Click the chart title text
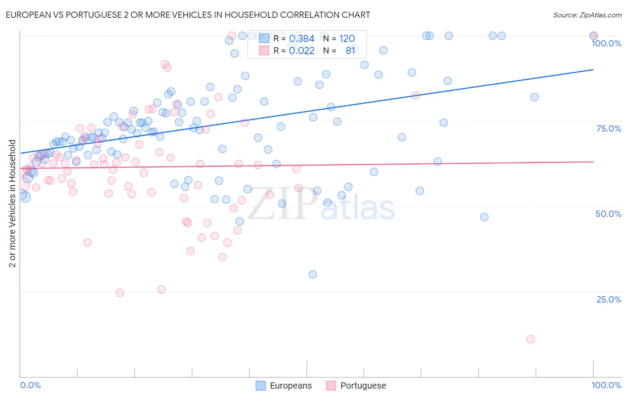point(188,15)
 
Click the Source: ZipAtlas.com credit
point(587,15)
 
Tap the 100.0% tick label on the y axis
point(606,43)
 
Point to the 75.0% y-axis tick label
point(609,129)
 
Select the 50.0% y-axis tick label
point(608,214)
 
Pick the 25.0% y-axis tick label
point(609,299)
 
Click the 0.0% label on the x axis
point(30,385)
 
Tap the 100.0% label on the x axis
point(606,385)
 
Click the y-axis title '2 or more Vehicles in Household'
point(12,203)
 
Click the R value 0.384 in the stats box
point(301,39)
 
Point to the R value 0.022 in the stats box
point(301,51)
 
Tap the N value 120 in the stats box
point(347,39)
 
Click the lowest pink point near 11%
point(530,339)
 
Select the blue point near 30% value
point(313,274)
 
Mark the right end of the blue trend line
point(593,70)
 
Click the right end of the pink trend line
point(593,162)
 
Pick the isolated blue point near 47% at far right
point(484,217)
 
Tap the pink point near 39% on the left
point(87,243)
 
